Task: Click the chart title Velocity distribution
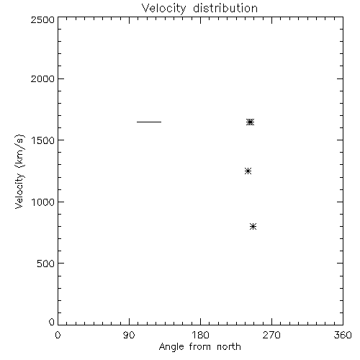pos(199,8)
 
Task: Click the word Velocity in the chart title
pos(164,9)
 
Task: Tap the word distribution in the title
pos(225,8)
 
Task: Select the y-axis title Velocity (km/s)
pos(19,171)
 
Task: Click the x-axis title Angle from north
pos(199,347)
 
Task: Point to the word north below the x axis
pos(229,346)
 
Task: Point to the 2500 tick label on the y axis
pos(42,19)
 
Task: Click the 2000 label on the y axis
pos(42,78)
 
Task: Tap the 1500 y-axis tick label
pos(43,140)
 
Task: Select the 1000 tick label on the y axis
pos(43,202)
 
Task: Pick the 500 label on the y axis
pos(45,264)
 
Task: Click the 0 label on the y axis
pos(52,322)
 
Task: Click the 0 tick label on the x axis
pos(58,335)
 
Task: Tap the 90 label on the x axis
pos(129,335)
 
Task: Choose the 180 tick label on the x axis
pos(200,335)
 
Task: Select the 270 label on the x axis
pos(271,335)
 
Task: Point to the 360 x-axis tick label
pos(343,335)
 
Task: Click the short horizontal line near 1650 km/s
pos(149,122)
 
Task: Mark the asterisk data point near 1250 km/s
pos(248,171)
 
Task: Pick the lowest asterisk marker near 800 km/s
pos(253,227)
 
